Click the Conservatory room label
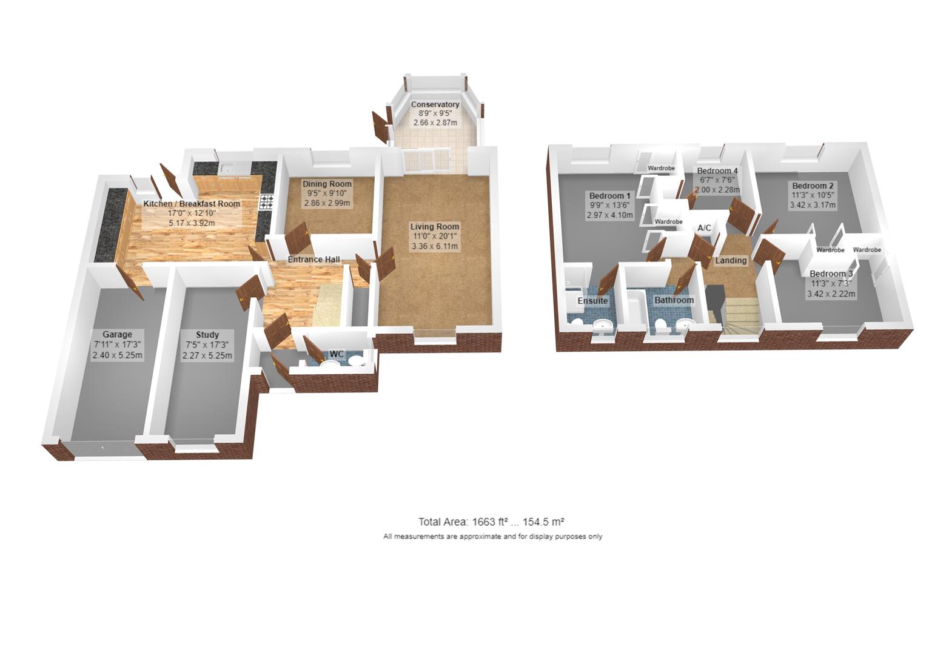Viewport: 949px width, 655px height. point(435,104)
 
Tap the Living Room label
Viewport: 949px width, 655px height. point(434,227)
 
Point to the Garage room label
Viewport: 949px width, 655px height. point(117,334)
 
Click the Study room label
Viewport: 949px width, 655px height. point(207,334)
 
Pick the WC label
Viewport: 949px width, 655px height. point(337,354)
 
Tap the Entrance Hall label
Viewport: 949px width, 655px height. point(313,260)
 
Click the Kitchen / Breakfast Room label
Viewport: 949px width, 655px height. point(192,204)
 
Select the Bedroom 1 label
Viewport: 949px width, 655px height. point(610,196)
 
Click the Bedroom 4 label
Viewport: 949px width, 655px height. point(717,170)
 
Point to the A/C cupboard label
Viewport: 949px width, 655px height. point(704,228)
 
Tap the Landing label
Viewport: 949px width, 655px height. point(731,261)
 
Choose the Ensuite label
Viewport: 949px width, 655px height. point(592,301)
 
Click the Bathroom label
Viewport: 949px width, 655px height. point(674,300)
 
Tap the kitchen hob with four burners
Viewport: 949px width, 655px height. point(267,201)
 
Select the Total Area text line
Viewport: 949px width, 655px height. point(491,522)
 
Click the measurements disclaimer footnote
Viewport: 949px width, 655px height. point(492,537)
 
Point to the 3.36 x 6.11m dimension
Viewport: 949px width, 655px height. point(434,246)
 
